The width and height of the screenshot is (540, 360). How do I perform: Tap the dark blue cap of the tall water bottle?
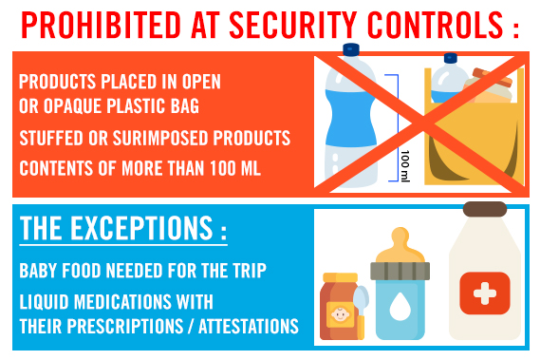click(x=351, y=50)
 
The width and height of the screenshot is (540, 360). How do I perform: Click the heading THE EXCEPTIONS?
click(x=122, y=231)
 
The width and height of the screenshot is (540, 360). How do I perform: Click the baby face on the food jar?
click(x=339, y=313)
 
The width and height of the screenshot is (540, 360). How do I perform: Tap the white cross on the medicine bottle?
click(x=483, y=290)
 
